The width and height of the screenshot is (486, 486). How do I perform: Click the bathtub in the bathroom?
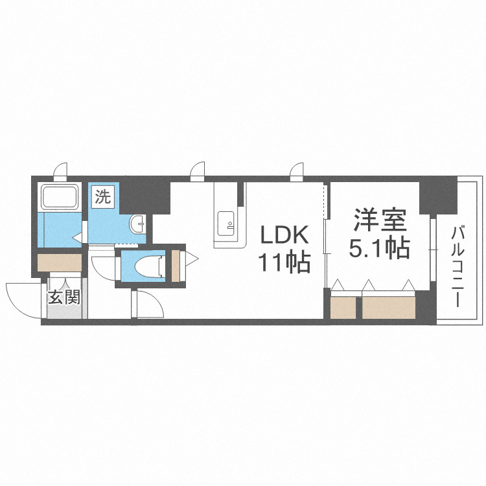tap(60, 196)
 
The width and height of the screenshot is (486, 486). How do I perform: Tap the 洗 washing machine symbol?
tap(104, 196)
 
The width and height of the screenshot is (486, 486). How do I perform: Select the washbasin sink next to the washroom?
tap(138, 224)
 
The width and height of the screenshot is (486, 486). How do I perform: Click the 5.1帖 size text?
tap(380, 248)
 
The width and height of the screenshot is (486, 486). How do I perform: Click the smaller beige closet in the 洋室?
tap(343, 307)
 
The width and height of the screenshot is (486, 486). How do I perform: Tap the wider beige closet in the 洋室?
tap(389, 307)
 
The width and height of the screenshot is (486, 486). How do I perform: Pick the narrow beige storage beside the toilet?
tap(175, 264)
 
